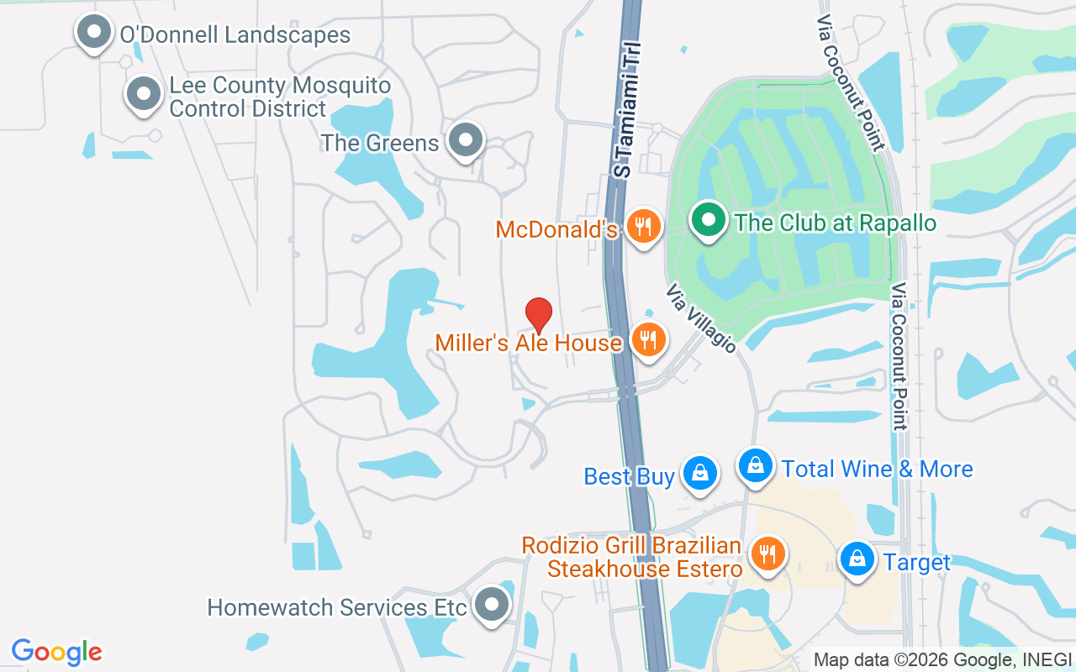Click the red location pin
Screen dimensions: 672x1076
pyautogui.click(x=538, y=315)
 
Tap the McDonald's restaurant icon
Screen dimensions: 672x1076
pyautogui.click(x=643, y=226)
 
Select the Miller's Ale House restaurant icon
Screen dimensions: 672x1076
pyautogui.click(x=648, y=339)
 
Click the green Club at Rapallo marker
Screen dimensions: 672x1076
pyautogui.click(x=709, y=220)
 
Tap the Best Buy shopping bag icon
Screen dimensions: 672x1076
pyautogui.click(x=699, y=474)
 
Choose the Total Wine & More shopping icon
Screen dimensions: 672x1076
pyautogui.click(x=756, y=465)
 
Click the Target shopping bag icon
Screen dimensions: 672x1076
pyautogui.click(x=857, y=559)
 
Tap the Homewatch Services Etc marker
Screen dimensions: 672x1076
pyautogui.click(x=491, y=605)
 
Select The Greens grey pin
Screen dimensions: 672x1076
pyautogui.click(x=466, y=140)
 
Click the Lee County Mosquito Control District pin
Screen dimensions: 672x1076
pyautogui.click(x=144, y=93)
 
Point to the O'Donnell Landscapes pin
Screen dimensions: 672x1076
pyautogui.click(x=93, y=33)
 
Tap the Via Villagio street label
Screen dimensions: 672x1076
pyautogui.click(x=701, y=318)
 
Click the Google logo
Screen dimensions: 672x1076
pyautogui.click(x=57, y=652)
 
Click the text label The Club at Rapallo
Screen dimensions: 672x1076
pyautogui.click(x=835, y=223)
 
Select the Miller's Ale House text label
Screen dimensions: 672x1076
pyautogui.click(x=528, y=343)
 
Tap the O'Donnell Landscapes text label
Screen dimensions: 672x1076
pyautogui.click(x=235, y=35)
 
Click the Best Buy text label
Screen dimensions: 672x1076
pyautogui.click(x=629, y=477)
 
